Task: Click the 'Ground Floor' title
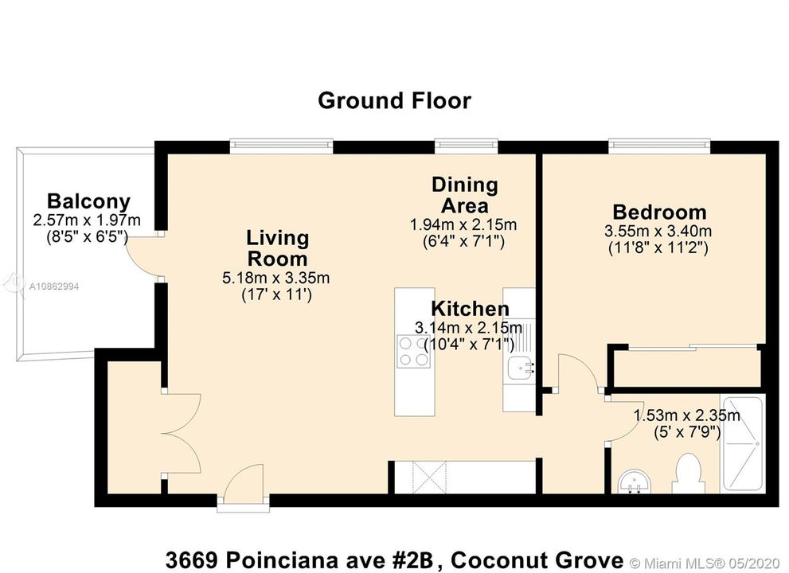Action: (x=394, y=100)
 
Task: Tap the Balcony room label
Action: (x=88, y=201)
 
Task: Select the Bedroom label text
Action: (x=659, y=212)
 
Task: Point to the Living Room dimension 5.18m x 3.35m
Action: (x=275, y=278)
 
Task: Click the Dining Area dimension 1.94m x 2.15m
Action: (x=463, y=224)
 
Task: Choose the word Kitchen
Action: (x=470, y=308)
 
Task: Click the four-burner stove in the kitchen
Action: (x=414, y=351)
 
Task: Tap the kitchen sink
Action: (x=520, y=368)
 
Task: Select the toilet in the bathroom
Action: (x=687, y=474)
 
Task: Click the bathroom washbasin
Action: (x=634, y=482)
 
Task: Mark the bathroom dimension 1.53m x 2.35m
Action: (x=686, y=415)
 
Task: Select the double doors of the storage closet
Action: (x=182, y=434)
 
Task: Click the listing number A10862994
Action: (x=54, y=286)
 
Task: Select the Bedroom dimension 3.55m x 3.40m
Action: (x=658, y=232)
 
